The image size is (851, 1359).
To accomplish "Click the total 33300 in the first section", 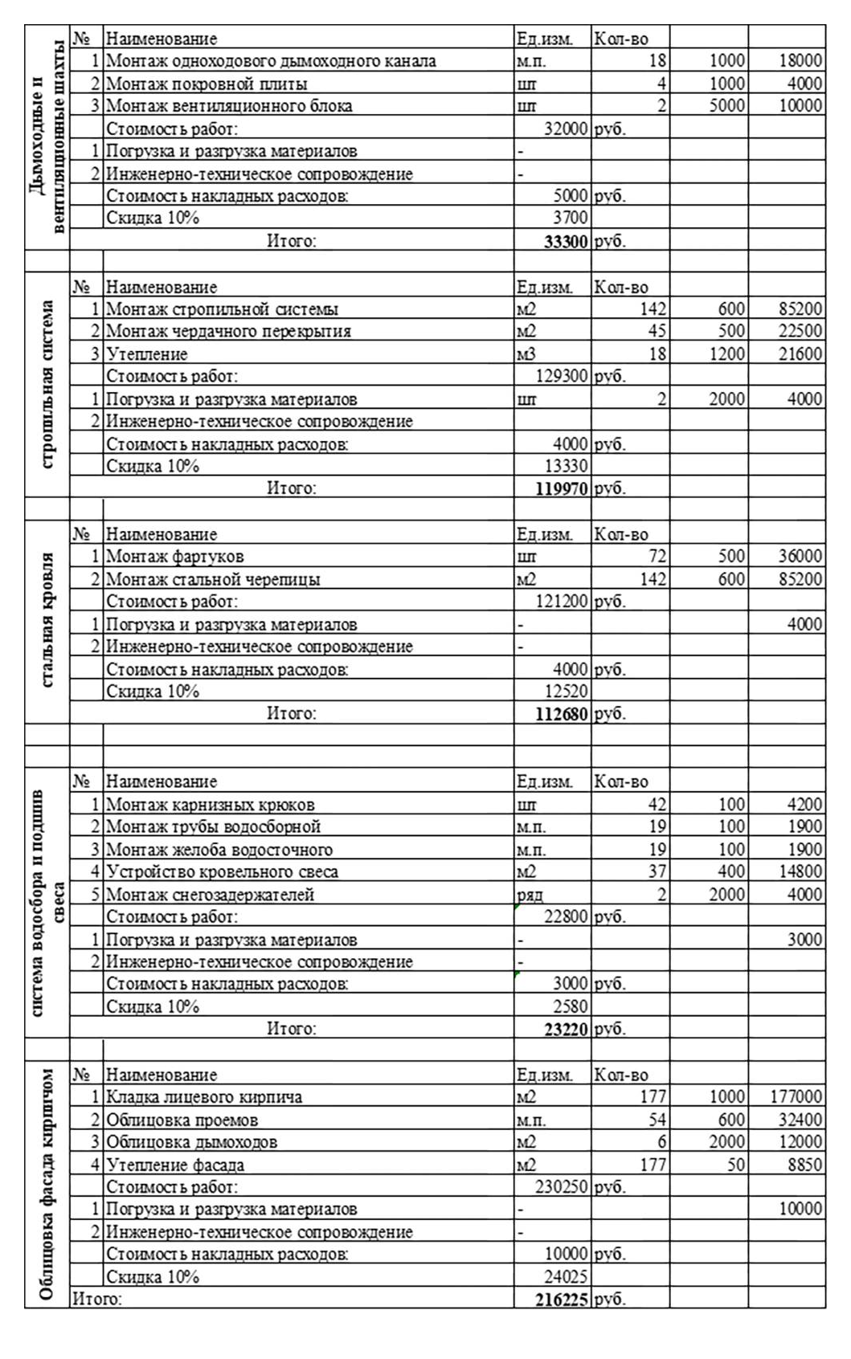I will coord(566,241).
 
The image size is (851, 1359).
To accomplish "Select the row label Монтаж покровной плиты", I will coord(207,84).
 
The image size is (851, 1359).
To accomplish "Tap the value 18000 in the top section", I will coord(800,61).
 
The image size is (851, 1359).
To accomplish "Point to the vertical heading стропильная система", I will coord(47,385).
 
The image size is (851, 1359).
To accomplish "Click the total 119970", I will coord(562,488).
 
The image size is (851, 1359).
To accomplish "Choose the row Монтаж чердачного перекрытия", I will coord(228,331).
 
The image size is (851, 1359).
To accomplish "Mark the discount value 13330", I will coord(566,466).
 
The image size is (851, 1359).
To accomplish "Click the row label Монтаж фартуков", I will coord(174,556).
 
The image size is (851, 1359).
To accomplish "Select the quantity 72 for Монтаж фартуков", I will coord(657,556).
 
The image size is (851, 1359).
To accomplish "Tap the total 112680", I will coord(562,714).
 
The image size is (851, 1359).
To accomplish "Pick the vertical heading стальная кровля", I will coord(47,619).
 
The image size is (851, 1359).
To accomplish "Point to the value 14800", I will coord(800,871).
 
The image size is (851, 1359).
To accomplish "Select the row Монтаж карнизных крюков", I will coord(210,805).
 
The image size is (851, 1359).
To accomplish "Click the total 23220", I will coord(566,1029).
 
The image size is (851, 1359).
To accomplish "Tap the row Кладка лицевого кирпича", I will coord(204,1097).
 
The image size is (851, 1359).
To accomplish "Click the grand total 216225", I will coord(562,1300).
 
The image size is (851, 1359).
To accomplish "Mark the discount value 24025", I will coord(566,1277).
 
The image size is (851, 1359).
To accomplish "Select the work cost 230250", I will coord(562,1187).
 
